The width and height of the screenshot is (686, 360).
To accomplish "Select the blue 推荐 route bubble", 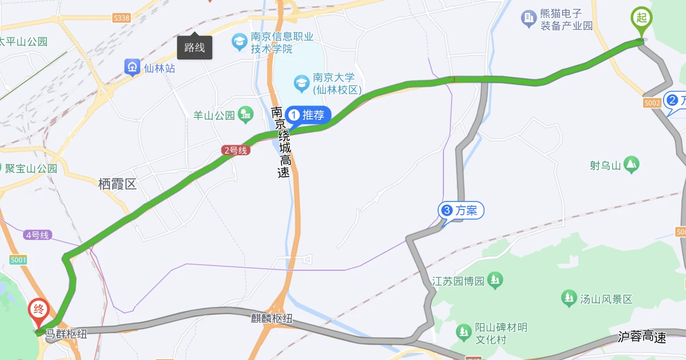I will point(308,115).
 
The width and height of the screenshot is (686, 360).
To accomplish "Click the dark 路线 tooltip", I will point(195,48).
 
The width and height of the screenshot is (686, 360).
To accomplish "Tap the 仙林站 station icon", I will point(132,67).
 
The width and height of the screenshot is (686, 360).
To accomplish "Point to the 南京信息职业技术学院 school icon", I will point(239,41).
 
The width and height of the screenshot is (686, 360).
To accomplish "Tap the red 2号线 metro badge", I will point(236,151).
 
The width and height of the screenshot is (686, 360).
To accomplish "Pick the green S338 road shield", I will point(122,18).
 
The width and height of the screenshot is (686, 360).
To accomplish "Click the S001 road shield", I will point(18,260).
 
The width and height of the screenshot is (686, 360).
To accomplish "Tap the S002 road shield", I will point(652,102).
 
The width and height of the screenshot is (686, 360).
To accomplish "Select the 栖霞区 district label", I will point(117,184).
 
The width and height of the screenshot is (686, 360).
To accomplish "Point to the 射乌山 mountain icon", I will point(631,164).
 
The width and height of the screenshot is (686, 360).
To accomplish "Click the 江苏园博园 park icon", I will point(495,280).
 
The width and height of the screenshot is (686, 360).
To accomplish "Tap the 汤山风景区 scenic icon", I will point(569,298).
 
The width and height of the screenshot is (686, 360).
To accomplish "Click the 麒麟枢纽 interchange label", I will point(272,318).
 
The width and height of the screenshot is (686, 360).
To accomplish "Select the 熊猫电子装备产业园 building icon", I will point(529,19).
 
